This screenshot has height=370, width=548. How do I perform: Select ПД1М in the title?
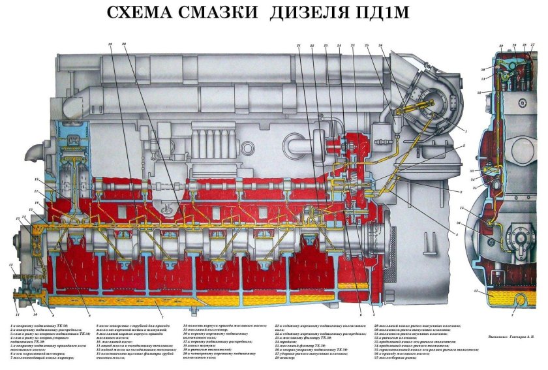coord(380,14)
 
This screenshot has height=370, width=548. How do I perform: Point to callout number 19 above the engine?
coord(110,44)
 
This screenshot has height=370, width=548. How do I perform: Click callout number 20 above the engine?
coord(123,44)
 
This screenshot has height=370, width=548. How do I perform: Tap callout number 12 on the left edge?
coord(11,264)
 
